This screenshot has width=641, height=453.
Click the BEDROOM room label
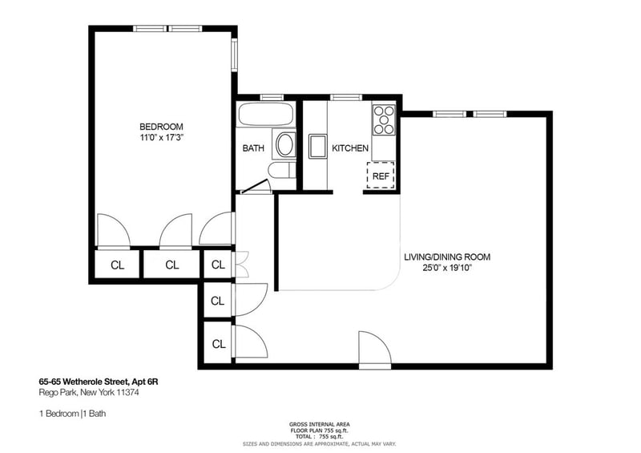tap(161, 127)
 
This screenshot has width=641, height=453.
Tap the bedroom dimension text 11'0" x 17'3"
tap(161, 138)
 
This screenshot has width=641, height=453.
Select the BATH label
tap(253, 148)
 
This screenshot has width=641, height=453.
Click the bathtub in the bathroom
tap(266, 115)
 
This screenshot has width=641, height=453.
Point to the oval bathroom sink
tap(285, 144)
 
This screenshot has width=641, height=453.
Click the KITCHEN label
tap(350, 148)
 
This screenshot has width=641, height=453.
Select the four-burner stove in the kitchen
tap(384, 120)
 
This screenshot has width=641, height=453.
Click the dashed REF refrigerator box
tap(381, 175)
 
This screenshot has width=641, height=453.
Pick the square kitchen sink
tap(316, 146)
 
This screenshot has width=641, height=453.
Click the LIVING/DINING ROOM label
tap(447, 257)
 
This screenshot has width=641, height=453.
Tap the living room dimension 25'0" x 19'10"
tap(447, 269)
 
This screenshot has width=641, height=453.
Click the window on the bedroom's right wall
tap(234, 55)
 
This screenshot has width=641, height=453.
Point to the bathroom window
tap(272, 97)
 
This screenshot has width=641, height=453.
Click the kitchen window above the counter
tap(346, 97)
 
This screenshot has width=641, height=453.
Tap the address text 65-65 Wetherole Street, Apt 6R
tap(99, 382)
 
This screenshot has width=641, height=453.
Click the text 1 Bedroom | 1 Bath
tap(72, 414)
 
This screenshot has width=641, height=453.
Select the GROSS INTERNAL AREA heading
tap(319, 424)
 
